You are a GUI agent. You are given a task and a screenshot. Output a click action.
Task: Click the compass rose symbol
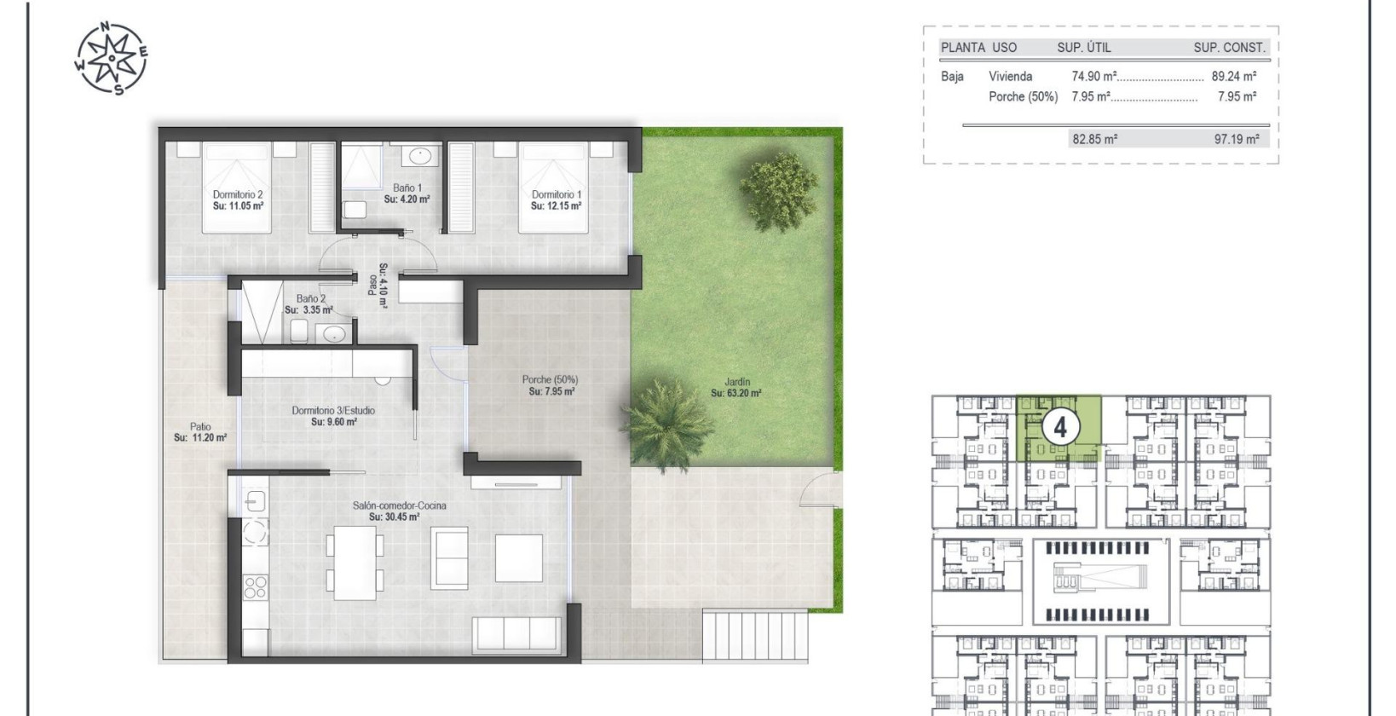tap(112, 58)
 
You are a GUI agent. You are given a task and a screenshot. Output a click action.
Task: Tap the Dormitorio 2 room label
tap(238, 194)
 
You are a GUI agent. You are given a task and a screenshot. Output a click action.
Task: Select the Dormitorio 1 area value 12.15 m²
tap(556, 206)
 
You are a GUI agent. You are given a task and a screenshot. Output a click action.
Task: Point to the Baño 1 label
tap(407, 188)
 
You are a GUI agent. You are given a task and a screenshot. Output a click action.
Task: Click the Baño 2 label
tap(310, 298)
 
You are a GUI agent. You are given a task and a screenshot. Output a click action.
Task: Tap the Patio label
tap(200, 427)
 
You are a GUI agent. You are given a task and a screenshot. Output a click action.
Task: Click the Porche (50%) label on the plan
tap(550, 380)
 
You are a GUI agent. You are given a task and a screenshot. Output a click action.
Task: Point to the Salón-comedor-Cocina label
tap(399, 505)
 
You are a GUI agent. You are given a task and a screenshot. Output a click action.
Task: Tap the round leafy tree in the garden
tap(778, 192)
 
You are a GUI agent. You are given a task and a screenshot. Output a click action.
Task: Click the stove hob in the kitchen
tap(255, 586)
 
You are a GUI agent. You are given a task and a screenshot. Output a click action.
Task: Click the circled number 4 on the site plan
tap(1060, 426)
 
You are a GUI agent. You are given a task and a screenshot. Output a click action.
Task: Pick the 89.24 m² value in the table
tap(1233, 76)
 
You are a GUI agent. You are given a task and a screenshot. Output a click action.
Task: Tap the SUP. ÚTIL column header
tap(1084, 48)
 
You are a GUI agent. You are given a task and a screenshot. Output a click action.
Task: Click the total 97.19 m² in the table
tap(1236, 139)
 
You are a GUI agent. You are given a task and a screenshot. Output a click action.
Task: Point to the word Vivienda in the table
tap(1010, 76)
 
